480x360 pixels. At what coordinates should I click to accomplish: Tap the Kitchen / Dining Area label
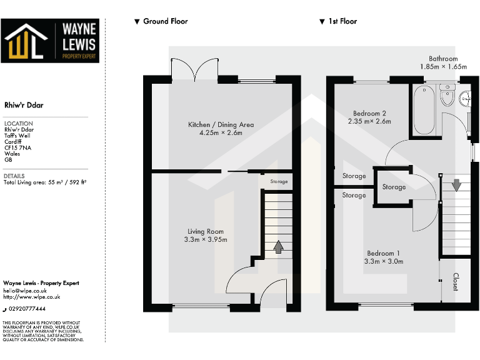tap(221, 129)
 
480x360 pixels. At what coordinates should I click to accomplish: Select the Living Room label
tap(206, 236)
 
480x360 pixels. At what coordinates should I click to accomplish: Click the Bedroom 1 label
tap(382, 257)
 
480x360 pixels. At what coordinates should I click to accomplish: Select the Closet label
tap(456, 281)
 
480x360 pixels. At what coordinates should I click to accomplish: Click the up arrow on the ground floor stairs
tap(278, 246)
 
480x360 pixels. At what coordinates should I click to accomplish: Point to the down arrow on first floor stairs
tap(456, 185)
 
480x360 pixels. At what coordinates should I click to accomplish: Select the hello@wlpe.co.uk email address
tap(25, 290)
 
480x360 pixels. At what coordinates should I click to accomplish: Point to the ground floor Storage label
tap(279, 182)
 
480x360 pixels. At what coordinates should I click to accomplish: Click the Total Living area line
tap(44, 182)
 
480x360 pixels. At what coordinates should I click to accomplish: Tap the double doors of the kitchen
tap(196, 69)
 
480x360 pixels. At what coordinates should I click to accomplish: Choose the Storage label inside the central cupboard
tap(394, 187)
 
